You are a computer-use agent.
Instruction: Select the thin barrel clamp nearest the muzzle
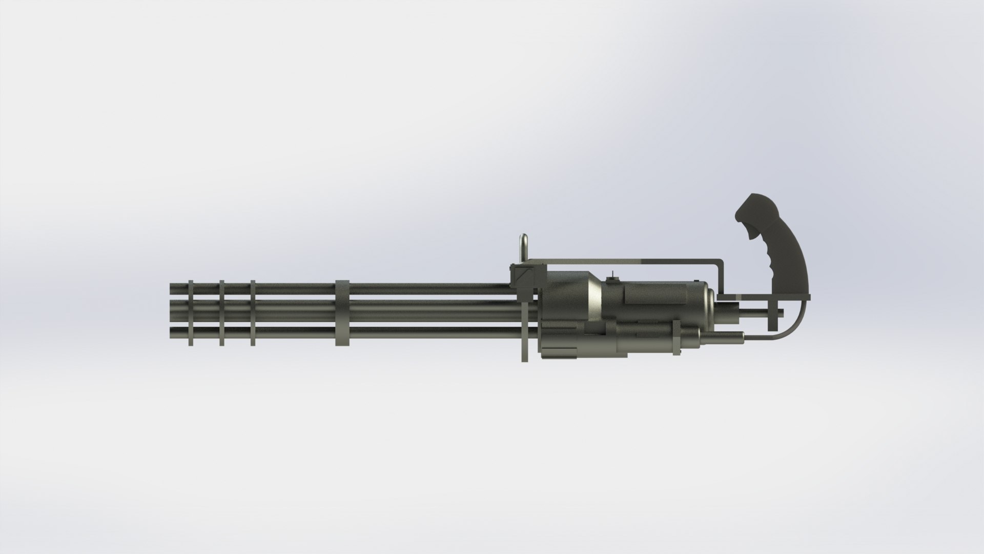coord(191,313)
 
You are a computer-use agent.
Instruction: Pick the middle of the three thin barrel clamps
coord(222,313)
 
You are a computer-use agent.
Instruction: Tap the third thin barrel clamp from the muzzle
coord(253,313)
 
